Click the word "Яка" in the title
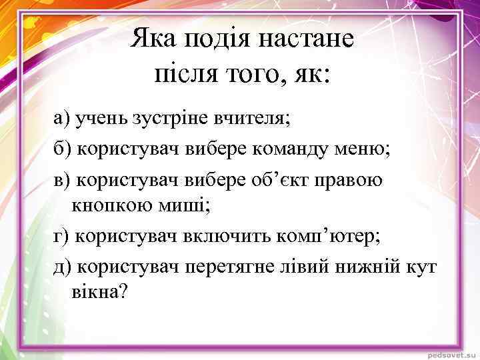point(150,39)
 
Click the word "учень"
point(95,119)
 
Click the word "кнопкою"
point(108,206)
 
